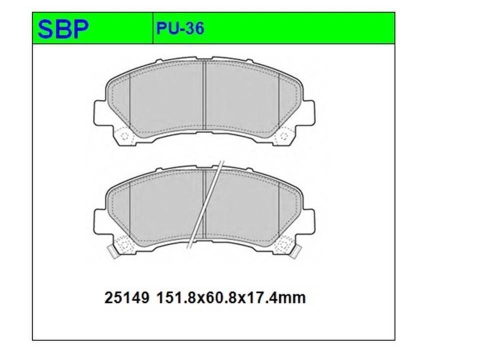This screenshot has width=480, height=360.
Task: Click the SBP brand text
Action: coord(63,29)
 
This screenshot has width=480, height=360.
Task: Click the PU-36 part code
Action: coord(180,29)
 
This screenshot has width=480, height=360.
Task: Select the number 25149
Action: coord(126,297)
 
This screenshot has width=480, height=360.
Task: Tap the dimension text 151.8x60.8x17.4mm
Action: coord(231,297)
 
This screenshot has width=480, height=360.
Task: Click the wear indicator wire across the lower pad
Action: coord(205,204)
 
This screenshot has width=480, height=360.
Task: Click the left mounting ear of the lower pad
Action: coord(99,222)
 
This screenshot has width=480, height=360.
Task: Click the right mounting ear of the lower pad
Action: coord(308,222)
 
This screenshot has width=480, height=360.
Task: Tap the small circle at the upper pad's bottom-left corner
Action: coord(124,136)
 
